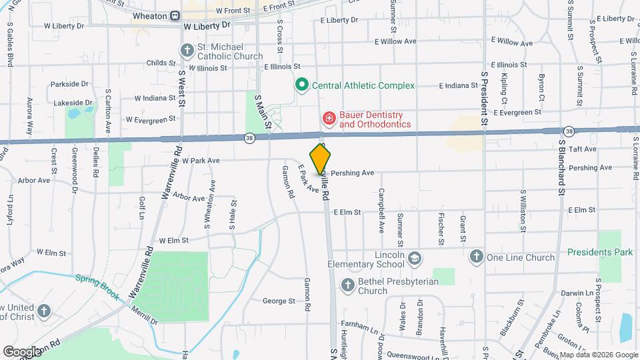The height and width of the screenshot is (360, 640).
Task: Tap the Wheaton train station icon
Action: (x=175, y=15)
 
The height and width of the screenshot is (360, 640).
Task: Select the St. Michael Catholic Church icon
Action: (x=186, y=51)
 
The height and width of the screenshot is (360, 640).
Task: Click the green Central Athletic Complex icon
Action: (x=301, y=85)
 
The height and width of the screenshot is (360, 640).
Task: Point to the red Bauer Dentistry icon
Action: (x=328, y=119)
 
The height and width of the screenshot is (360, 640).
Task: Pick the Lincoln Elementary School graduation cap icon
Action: (x=415, y=257)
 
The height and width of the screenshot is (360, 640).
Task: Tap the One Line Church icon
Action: (x=476, y=257)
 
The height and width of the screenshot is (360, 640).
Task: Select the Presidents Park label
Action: (x=600, y=252)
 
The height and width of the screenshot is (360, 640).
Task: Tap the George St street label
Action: (x=278, y=301)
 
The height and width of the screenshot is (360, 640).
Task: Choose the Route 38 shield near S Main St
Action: (x=249, y=138)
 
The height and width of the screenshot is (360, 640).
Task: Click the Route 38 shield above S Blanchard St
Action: (x=568, y=131)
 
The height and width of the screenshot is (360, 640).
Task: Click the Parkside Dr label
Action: (x=69, y=84)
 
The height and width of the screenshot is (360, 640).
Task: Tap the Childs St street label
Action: (x=161, y=63)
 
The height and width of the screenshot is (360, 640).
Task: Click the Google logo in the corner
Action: (x=21, y=351)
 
